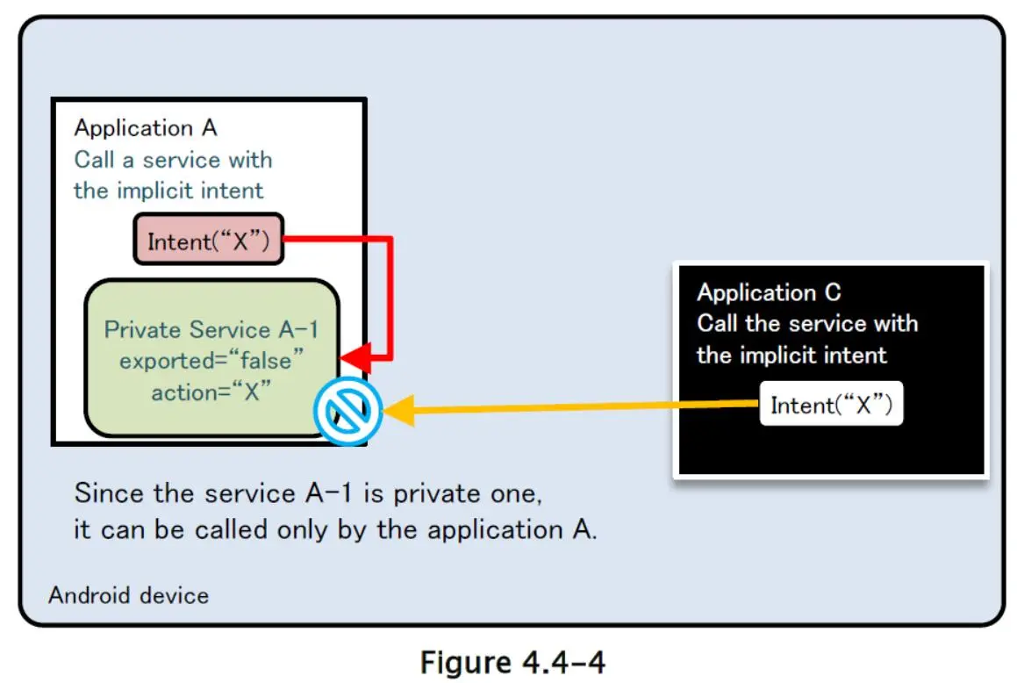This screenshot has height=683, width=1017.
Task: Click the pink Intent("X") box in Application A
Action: [208, 240]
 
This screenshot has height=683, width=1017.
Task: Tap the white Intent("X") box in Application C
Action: [831, 405]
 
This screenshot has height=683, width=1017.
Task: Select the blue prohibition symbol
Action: [347, 410]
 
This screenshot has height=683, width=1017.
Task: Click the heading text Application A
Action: [145, 128]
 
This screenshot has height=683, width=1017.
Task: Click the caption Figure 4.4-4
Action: [512, 661]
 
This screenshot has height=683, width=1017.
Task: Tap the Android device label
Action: [128, 595]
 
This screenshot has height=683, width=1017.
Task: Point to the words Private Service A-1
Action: [211, 330]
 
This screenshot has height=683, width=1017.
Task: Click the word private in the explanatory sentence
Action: [433, 492]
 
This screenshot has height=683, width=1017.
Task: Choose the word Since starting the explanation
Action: [108, 492]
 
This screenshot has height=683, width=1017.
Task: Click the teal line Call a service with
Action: [173, 160]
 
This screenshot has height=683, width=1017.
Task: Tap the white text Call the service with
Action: [807, 324]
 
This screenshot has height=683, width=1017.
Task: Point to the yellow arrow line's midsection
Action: [579, 407]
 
